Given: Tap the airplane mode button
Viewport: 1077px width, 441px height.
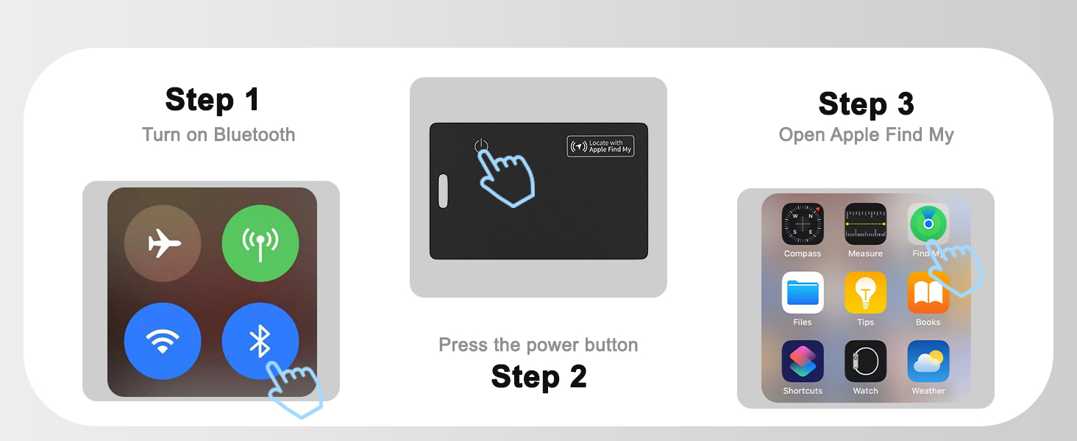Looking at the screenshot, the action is pos(163,243).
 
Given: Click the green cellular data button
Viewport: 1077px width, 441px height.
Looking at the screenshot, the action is pos(260,243).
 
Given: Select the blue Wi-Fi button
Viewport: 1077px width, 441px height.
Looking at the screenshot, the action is pos(163,341).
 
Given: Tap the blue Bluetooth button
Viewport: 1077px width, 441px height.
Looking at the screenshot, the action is pos(260,341).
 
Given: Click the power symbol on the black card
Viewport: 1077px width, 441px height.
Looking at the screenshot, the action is pos(481,146).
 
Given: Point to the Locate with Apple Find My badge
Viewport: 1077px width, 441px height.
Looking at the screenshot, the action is pos(600,146).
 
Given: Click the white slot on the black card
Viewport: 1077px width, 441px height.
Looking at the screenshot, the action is pos(444,190).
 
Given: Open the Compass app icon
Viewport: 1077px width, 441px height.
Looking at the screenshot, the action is pos(803,224).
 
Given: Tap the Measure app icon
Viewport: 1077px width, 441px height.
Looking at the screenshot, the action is pos(865,224).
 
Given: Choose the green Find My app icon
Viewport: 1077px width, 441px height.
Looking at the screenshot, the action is pos(928,224).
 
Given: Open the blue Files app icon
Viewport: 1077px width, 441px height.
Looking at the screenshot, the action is pos(803,293).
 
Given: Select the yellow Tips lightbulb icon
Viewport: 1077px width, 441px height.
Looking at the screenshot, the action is pos(865,293).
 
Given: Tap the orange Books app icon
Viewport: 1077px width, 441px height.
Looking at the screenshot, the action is pos(928,293).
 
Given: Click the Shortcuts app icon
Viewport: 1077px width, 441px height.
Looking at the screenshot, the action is pos(803,362).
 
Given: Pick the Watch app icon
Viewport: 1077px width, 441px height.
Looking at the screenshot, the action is pos(865,362).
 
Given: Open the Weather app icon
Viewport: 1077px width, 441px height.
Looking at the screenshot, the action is pos(928,362).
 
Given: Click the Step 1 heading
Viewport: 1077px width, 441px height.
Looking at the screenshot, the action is pos(213,99).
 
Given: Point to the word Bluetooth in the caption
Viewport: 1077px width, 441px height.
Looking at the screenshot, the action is pos(255,135).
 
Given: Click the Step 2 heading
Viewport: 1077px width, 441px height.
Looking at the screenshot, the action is pos(539,376).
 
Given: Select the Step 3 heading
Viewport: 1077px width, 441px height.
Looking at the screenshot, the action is pos(866,104).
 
